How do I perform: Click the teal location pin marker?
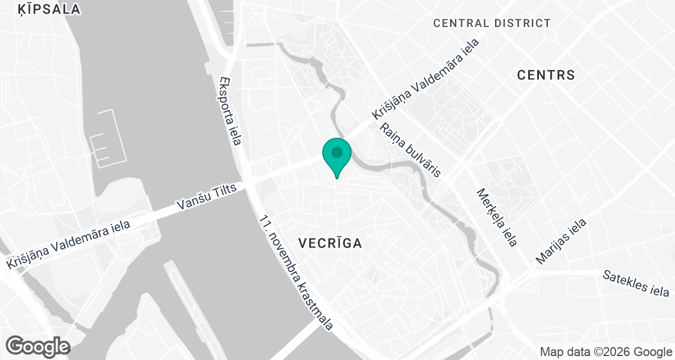click(337, 156)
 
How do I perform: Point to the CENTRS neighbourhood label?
click(546, 75)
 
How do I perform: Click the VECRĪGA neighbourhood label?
click(330, 243)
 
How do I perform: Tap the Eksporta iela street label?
click(231, 111)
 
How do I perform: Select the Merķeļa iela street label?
click(496, 217)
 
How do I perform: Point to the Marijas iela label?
click(561, 241)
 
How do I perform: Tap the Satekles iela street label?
click(636, 283)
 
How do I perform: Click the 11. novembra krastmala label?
click(296, 272)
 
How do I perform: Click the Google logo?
click(38, 345)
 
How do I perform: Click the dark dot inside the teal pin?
click(337, 152)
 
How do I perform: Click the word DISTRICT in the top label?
click(522, 23)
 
